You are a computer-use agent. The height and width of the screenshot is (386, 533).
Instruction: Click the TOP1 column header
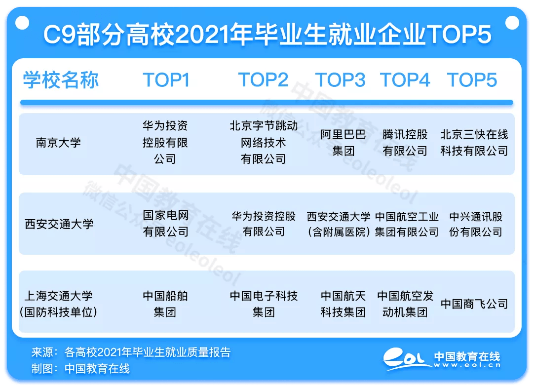pos(166,80)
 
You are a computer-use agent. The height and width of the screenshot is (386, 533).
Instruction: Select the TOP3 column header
pos(340,80)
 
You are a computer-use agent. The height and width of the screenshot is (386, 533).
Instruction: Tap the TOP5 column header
pos(472,80)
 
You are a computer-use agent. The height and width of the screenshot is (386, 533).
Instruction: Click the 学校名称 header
pos(61,80)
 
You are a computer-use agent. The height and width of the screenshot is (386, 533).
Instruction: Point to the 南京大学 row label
pos(58,143)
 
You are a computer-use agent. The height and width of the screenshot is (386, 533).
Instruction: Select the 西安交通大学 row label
pos(59,224)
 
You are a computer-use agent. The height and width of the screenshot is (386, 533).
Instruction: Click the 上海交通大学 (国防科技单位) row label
pos(58,304)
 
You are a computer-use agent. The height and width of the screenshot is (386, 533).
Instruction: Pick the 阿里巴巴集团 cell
pos(343,143)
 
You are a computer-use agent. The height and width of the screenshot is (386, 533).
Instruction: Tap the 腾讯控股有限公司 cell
pos(405,143)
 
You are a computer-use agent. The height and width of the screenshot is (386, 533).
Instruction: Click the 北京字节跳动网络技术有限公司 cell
pos(264,142)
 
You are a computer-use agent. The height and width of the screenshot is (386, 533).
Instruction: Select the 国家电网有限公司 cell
pos(165,224)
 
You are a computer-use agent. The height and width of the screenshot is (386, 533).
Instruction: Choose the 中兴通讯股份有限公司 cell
pos(476,224)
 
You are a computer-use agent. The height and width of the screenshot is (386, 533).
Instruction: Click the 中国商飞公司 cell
pos(474,304)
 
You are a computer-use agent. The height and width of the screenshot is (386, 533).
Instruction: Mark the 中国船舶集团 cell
pos(165,304)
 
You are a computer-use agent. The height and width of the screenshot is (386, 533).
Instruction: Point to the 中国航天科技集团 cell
pos(343,304)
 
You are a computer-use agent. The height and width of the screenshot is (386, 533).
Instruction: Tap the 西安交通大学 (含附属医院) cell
pos(339,224)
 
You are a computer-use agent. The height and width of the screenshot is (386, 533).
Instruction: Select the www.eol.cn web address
pos(467,365)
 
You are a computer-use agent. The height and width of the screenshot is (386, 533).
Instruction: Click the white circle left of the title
pos(22,23)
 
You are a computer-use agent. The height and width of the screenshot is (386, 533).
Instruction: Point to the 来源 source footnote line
pos(131,352)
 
